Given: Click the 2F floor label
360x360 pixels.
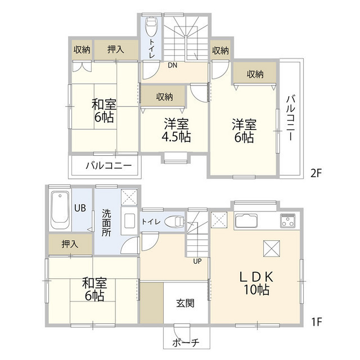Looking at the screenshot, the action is (316, 173).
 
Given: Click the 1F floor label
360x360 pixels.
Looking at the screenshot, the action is (317, 322).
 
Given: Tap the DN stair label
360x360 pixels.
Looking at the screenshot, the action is (173, 65).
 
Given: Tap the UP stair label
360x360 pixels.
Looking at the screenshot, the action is (197, 261).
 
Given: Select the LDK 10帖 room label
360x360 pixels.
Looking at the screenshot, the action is (256, 283).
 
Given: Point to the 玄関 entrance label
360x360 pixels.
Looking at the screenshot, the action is (185, 303).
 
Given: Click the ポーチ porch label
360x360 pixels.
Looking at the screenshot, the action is (186, 343).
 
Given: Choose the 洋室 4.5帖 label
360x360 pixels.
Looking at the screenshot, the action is (176, 130).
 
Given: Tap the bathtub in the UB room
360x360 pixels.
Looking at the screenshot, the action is (60, 210).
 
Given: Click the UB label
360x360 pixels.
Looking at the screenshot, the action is (80, 208).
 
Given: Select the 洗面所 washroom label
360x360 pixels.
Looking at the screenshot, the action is (106, 223).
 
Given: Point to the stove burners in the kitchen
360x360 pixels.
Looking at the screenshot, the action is (287, 220).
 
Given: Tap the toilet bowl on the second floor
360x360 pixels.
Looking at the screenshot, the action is (151, 26).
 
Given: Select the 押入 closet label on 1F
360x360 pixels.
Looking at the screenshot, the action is (70, 244).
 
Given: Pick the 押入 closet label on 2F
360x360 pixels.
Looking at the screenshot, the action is (116, 49).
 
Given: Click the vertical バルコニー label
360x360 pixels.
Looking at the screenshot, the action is (290, 118).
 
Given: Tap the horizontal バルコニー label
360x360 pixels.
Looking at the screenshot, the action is (109, 165).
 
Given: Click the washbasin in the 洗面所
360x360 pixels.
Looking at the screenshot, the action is (129, 220).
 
